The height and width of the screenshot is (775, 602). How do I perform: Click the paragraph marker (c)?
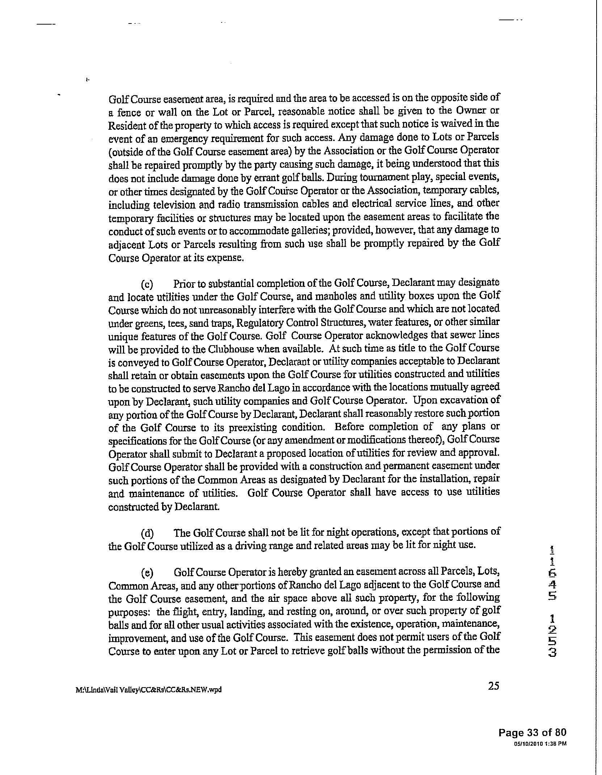coord(147,284)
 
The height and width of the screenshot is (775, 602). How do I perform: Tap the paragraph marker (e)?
coord(147,573)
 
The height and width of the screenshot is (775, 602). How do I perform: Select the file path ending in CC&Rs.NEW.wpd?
coord(148,689)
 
